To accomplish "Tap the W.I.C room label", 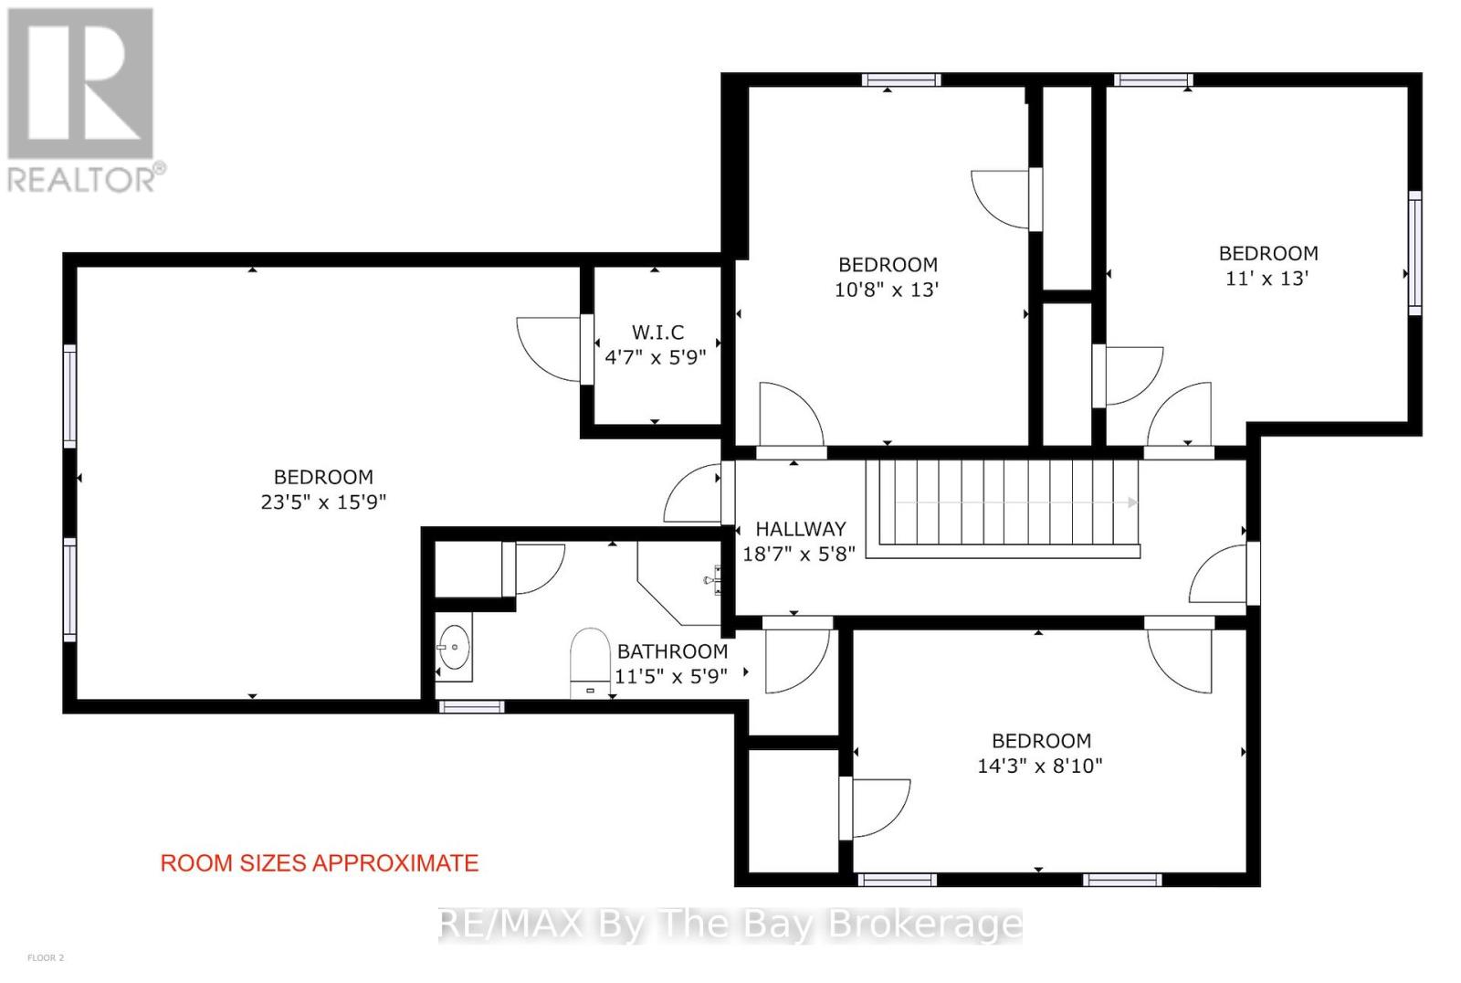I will (x=657, y=333).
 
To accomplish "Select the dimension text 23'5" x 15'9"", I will (x=323, y=502).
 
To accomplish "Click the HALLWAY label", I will (x=800, y=529).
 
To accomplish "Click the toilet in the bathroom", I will (x=589, y=660).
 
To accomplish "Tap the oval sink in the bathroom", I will (x=454, y=647).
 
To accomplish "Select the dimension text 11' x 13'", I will (x=1267, y=279).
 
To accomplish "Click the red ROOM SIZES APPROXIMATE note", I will (x=320, y=863).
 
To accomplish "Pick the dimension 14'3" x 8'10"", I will (x=1040, y=766).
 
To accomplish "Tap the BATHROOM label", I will (x=672, y=651).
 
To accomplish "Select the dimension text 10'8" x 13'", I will (x=888, y=290).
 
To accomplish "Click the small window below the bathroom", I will (x=471, y=706).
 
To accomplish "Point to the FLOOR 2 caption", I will (x=47, y=958).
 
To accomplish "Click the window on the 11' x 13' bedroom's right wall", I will (x=1414, y=253).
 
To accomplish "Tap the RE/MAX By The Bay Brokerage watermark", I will (x=730, y=925).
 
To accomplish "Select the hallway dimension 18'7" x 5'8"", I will (x=799, y=554).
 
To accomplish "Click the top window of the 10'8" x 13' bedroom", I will (x=901, y=79).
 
